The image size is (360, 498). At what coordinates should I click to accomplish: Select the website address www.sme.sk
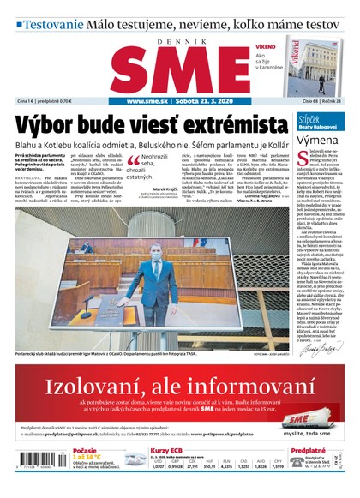[x=147, y=101]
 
